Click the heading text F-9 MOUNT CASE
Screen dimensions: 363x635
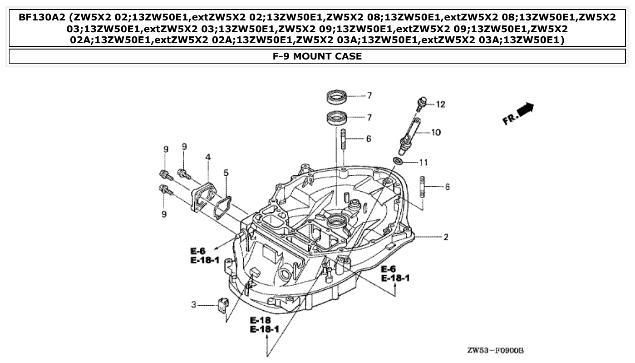coord(317,56)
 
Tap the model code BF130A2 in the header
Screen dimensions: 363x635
coord(39,18)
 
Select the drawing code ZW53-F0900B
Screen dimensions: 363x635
coord(495,351)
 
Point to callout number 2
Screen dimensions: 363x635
coord(446,237)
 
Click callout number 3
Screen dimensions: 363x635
coord(193,305)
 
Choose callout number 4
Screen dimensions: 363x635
coord(208,157)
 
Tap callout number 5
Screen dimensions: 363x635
coord(226,173)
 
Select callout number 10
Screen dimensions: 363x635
coord(436,133)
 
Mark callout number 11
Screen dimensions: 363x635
coord(423,162)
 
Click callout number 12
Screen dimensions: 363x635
coord(440,104)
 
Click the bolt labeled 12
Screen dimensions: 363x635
coord(421,104)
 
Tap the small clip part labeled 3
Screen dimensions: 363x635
coord(222,305)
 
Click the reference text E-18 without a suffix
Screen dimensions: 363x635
coord(260,320)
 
